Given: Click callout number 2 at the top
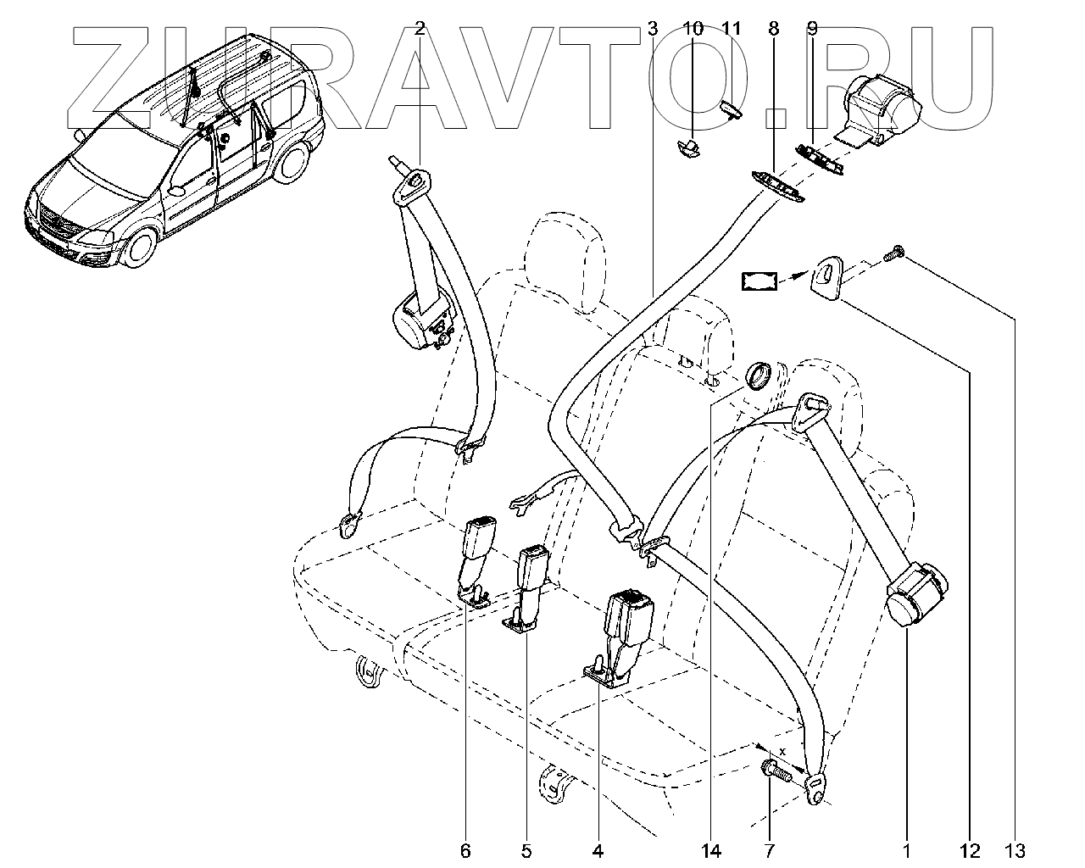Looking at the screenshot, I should point(420,29).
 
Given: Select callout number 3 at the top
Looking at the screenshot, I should point(652,29).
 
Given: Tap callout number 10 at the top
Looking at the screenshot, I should point(693,29).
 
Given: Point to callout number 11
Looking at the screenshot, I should point(731,29).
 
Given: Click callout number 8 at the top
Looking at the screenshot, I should point(773,29).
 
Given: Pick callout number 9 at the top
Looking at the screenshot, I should point(812,29).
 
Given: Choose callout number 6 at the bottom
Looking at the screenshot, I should point(465,850).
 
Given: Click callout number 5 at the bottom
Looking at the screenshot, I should point(526,850).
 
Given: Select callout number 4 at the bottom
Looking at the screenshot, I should point(598,850).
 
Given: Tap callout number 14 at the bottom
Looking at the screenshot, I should point(710,850).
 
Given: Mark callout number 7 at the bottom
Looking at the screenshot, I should point(769,850).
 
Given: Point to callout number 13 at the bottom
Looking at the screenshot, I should point(1015,850).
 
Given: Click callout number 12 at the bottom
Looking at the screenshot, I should point(970,850).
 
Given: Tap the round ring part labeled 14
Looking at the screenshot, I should point(756,375).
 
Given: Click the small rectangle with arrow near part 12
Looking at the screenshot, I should point(760,281).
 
